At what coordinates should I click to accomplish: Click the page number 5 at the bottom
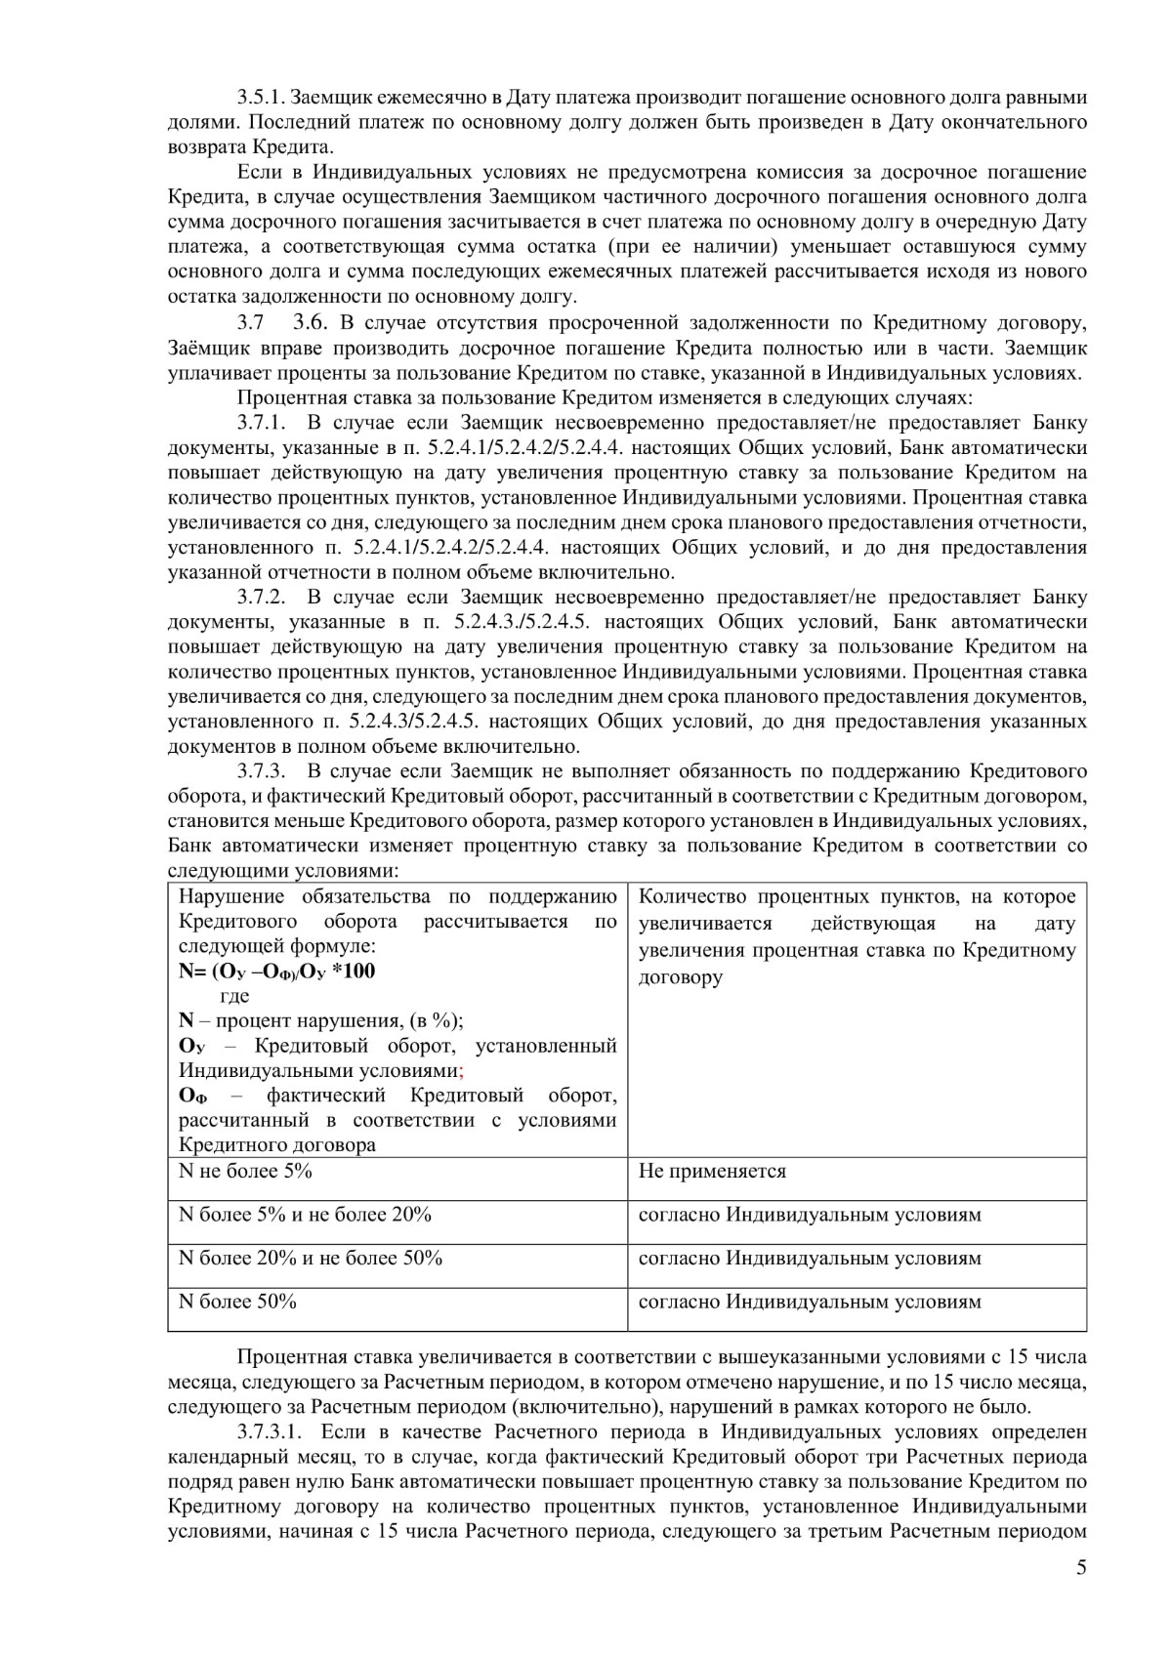click(1080, 1595)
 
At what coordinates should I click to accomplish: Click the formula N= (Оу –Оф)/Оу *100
click(276, 972)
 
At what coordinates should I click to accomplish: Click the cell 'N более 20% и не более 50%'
click(311, 1258)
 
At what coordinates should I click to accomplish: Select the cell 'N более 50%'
click(237, 1302)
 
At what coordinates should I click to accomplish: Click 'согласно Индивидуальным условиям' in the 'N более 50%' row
click(810, 1302)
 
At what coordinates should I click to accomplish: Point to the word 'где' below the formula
click(235, 996)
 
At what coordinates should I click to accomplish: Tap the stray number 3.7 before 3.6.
click(249, 322)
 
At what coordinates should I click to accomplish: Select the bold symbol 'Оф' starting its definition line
click(192, 1096)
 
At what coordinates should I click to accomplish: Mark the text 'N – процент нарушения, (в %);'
click(321, 1020)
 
